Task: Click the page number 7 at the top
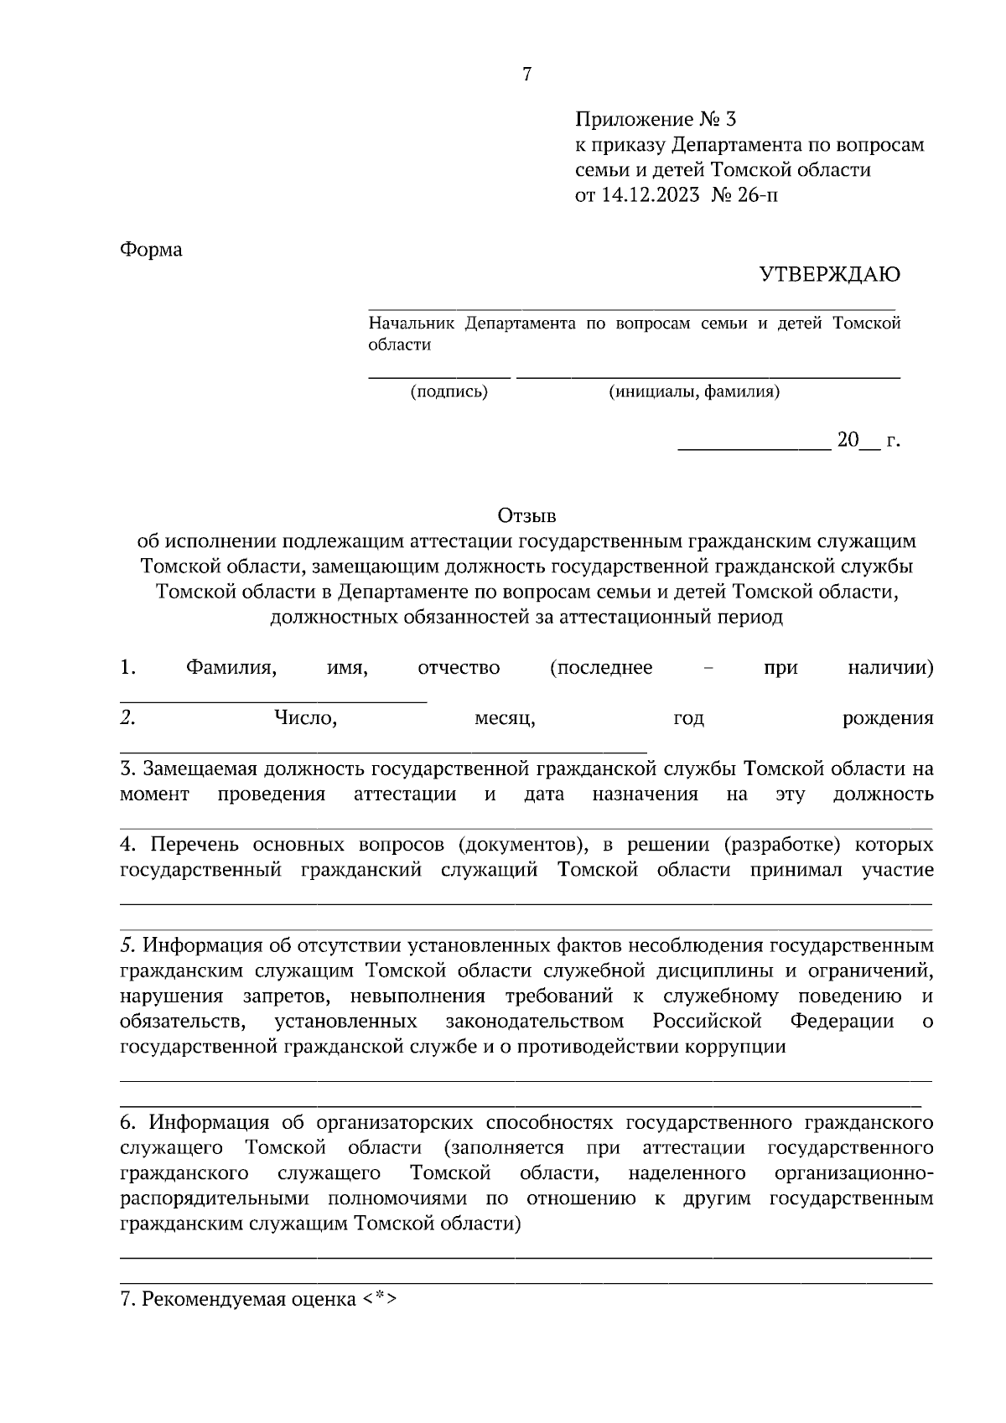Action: point(526,75)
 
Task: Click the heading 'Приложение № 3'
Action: point(655,119)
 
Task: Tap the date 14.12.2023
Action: point(650,195)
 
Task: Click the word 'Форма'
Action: point(151,250)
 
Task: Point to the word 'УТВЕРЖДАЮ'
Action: point(829,274)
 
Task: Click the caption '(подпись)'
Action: point(449,391)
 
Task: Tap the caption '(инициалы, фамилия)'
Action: point(693,391)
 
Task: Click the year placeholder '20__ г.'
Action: point(868,441)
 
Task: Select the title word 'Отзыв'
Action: point(526,514)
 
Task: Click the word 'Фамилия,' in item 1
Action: point(232,668)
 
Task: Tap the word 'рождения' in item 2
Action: point(888,718)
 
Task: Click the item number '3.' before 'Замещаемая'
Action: point(128,768)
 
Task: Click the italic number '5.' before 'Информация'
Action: point(128,945)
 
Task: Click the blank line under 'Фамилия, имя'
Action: point(273,700)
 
